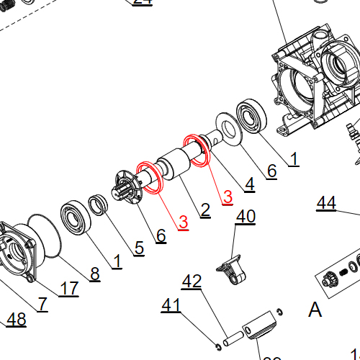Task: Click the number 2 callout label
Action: click(205, 210)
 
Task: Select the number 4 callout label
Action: click(249, 184)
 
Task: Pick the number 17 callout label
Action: click(69, 289)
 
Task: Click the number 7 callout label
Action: click(42, 304)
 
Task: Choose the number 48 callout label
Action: click(17, 320)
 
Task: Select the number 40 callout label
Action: click(246, 216)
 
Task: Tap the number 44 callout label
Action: click(326, 204)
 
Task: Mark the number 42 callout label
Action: click(192, 282)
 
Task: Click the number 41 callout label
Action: click(171, 306)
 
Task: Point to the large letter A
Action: click(315, 310)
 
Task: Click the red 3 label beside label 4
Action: click(228, 196)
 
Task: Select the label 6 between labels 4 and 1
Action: click(271, 171)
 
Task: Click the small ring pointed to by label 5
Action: click(99, 204)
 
